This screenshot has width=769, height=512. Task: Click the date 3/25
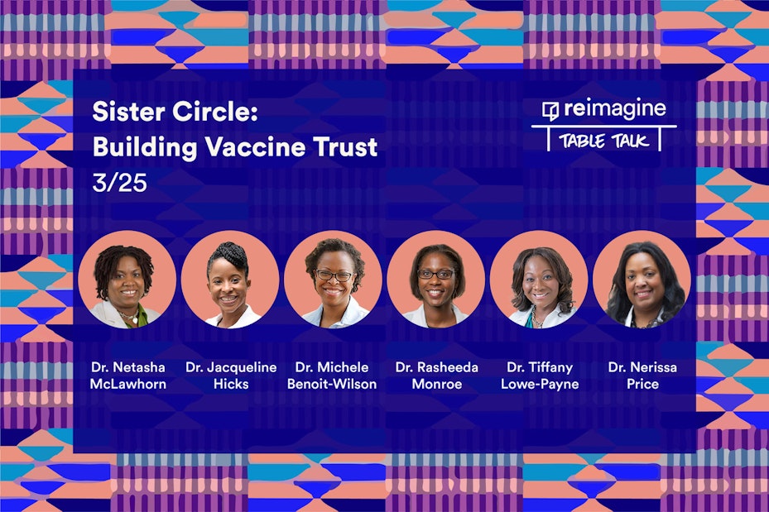pyautogui.click(x=120, y=183)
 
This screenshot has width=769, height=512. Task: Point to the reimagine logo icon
pyautogui.click(x=550, y=111)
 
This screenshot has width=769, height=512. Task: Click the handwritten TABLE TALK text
pyautogui.click(x=604, y=141)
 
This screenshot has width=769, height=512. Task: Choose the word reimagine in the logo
pyautogui.click(x=615, y=109)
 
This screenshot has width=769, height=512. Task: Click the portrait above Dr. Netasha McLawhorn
pyautogui.click(x=127, y=280)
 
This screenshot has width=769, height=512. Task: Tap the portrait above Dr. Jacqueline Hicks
pyautogui.click(x=230, y=280)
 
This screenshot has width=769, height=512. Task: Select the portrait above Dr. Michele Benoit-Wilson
pyautogui.click(x=333, y=280)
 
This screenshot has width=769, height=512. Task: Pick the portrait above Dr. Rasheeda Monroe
pyautogui.click(x=436, y=280)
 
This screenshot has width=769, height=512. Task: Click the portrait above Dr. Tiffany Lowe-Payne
pyautogui.click(x=539, y=280)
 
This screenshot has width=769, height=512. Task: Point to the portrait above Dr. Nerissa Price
pyautogui.click(x=642, y=280)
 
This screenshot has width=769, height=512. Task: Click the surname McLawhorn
pyautogui.click(x=128, y=384)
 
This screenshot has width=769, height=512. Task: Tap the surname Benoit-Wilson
pyautogui.click(x=332, y=384)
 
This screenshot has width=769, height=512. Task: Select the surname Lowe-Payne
pyautogui.click(x=540, y=384)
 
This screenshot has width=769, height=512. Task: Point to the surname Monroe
pyautogui.click(x=437, y=384)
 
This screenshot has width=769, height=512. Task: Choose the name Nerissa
pyautogui.click(x=653, y=367)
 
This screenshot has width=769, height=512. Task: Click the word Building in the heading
pyautogui.click(x=145, y=147)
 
